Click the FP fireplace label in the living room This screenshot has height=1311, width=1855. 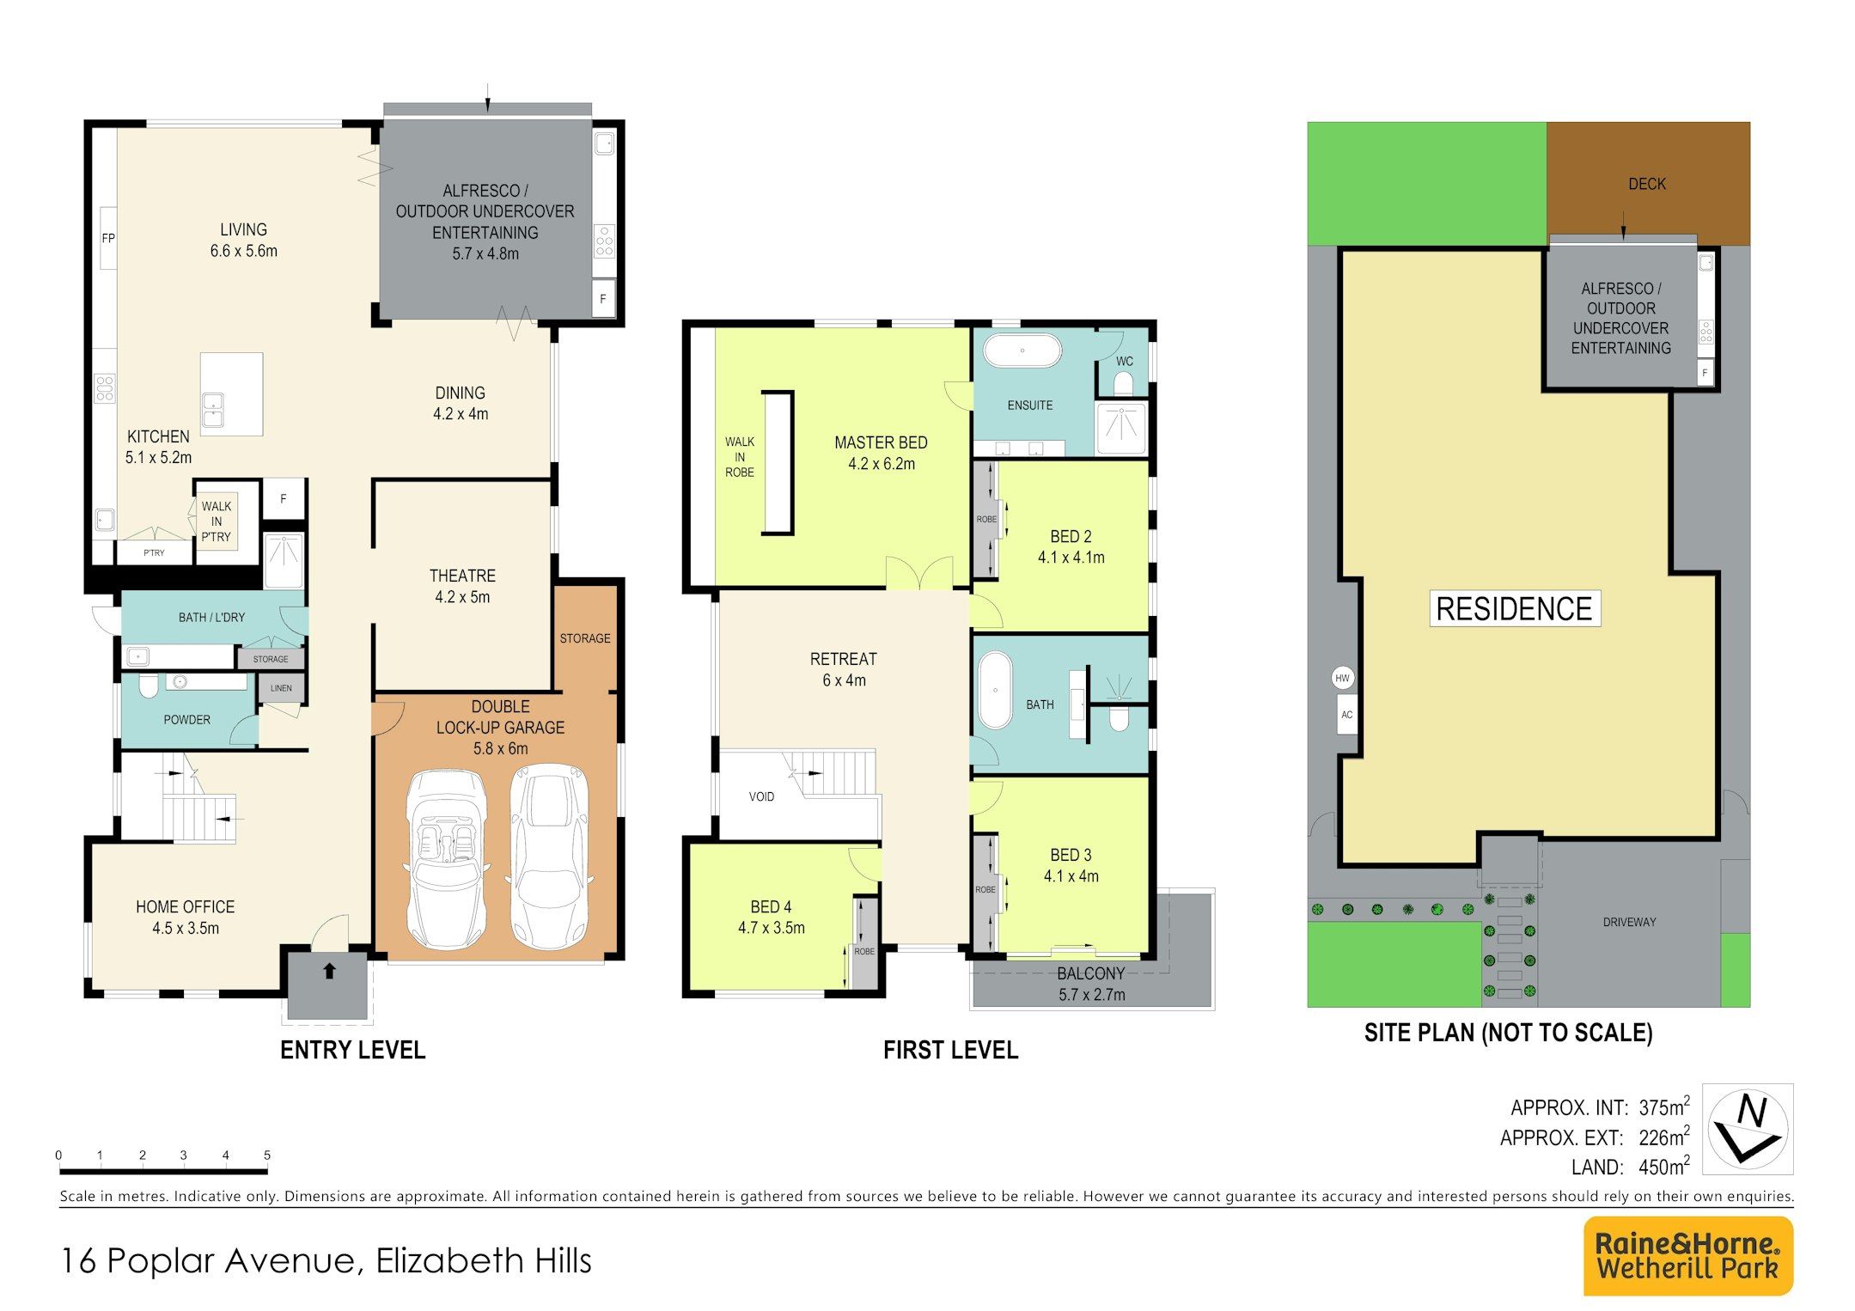click(x=108, y=238)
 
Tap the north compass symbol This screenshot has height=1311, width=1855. click(x=1748, y=1128)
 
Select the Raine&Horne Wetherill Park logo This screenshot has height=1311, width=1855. click(x=1687, y=1255)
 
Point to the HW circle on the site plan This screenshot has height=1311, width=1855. click(x=1342, y=678)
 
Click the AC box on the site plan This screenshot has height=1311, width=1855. click(x=1346, y=715)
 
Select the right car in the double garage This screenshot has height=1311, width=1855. click(x=550, y=857)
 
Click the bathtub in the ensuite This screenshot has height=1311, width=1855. click(x=1022, y=351)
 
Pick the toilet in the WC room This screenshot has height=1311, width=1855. click(x=1123, y=382)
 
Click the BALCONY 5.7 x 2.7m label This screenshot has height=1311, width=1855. click(x=1091, y=984)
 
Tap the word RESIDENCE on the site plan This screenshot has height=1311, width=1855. click(x=1514, y=608)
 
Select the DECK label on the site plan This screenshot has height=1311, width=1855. click(x=1647, y=184)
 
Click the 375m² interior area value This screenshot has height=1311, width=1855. click(x=1664, y=1107)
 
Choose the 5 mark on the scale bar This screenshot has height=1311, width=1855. click(x=267, y=1156)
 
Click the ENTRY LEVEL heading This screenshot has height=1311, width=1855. click(x=352, y=1050)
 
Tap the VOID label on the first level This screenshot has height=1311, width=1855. click(x=761, y=796)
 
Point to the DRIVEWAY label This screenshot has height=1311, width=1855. click(x=1629, y=922)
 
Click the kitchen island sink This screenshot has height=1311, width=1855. click(x=212, y=410)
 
